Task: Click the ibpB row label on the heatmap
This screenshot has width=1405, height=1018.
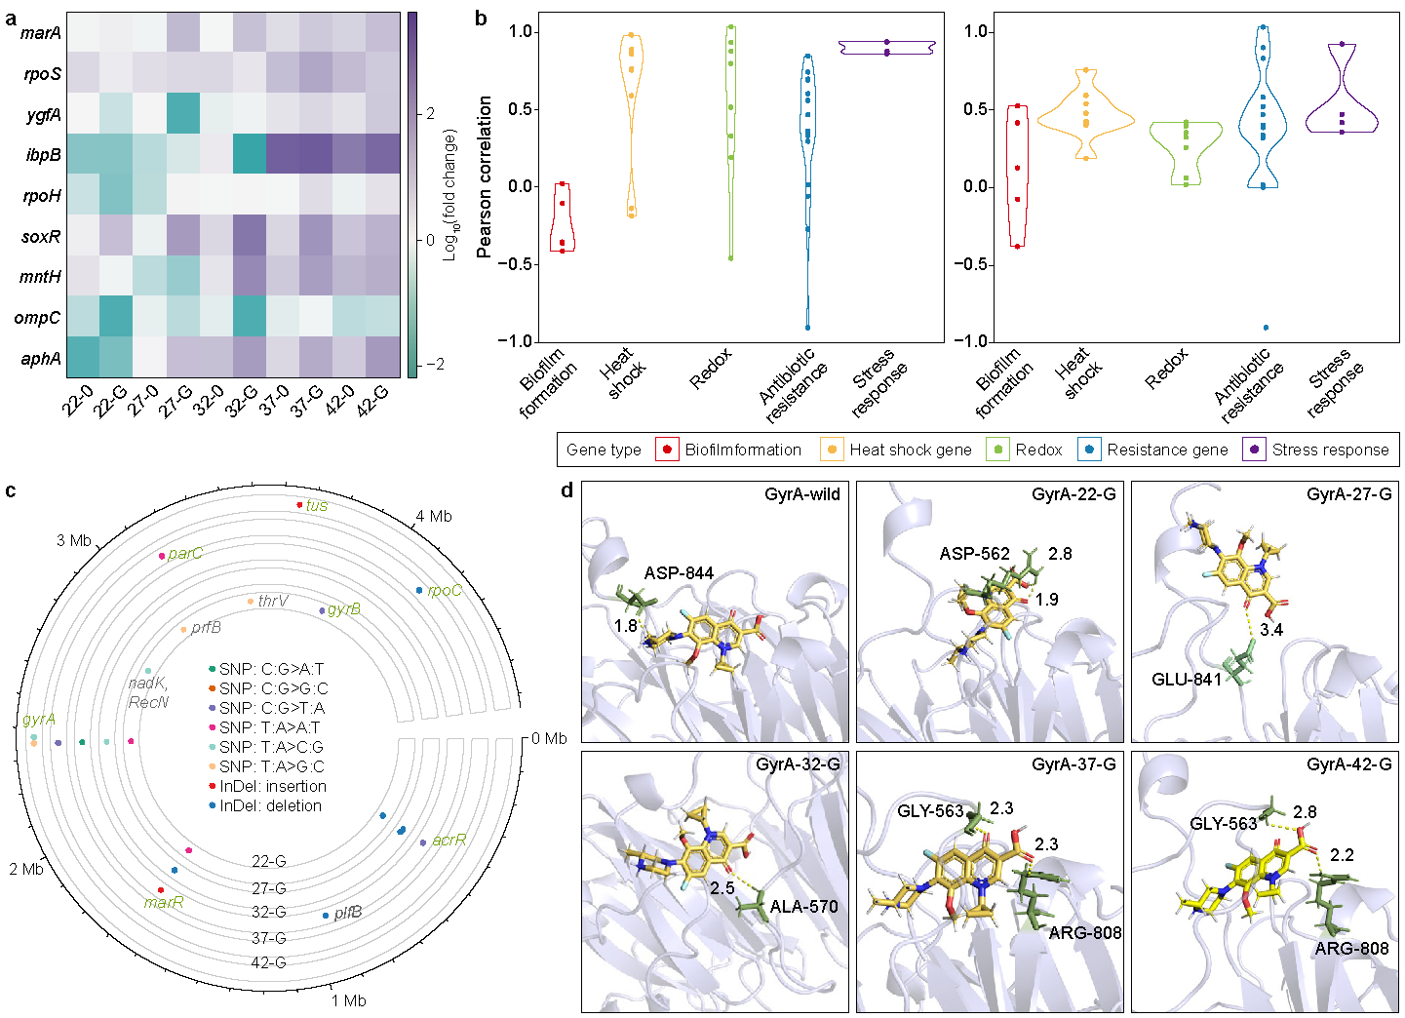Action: coord(44,155)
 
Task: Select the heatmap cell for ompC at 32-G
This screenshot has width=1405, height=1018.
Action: coord(249,317)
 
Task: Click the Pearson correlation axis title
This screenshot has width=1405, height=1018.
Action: coord(485,176)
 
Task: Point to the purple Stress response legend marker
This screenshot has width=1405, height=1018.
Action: coord(1253,450)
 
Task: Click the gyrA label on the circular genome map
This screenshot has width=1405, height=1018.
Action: coord(39,720)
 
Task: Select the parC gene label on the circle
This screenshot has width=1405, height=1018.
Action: coord(185,554)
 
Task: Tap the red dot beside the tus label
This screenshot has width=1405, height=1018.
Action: coord(299,504)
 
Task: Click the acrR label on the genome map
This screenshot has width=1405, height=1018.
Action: coord(449,841)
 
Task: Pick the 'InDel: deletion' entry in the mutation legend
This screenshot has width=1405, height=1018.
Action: coord(270,806)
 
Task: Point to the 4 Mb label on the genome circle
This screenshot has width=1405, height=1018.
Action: coord(434,517)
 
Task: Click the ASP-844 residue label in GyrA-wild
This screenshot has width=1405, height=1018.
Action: coord(679,573)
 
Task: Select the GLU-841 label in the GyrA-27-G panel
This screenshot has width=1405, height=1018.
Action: coord(1187,680)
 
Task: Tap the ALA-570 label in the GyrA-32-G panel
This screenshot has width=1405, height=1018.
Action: coord(803,907)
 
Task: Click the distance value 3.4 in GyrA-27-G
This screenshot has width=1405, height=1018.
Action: coord(1271,630)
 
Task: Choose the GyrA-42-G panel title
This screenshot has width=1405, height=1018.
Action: coord(1349,764)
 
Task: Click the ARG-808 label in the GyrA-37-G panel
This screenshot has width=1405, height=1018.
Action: coord(1085,933)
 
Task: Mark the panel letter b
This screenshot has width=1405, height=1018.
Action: coord(481,19)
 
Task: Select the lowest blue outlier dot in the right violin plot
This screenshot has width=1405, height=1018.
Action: coord(1266,328)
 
